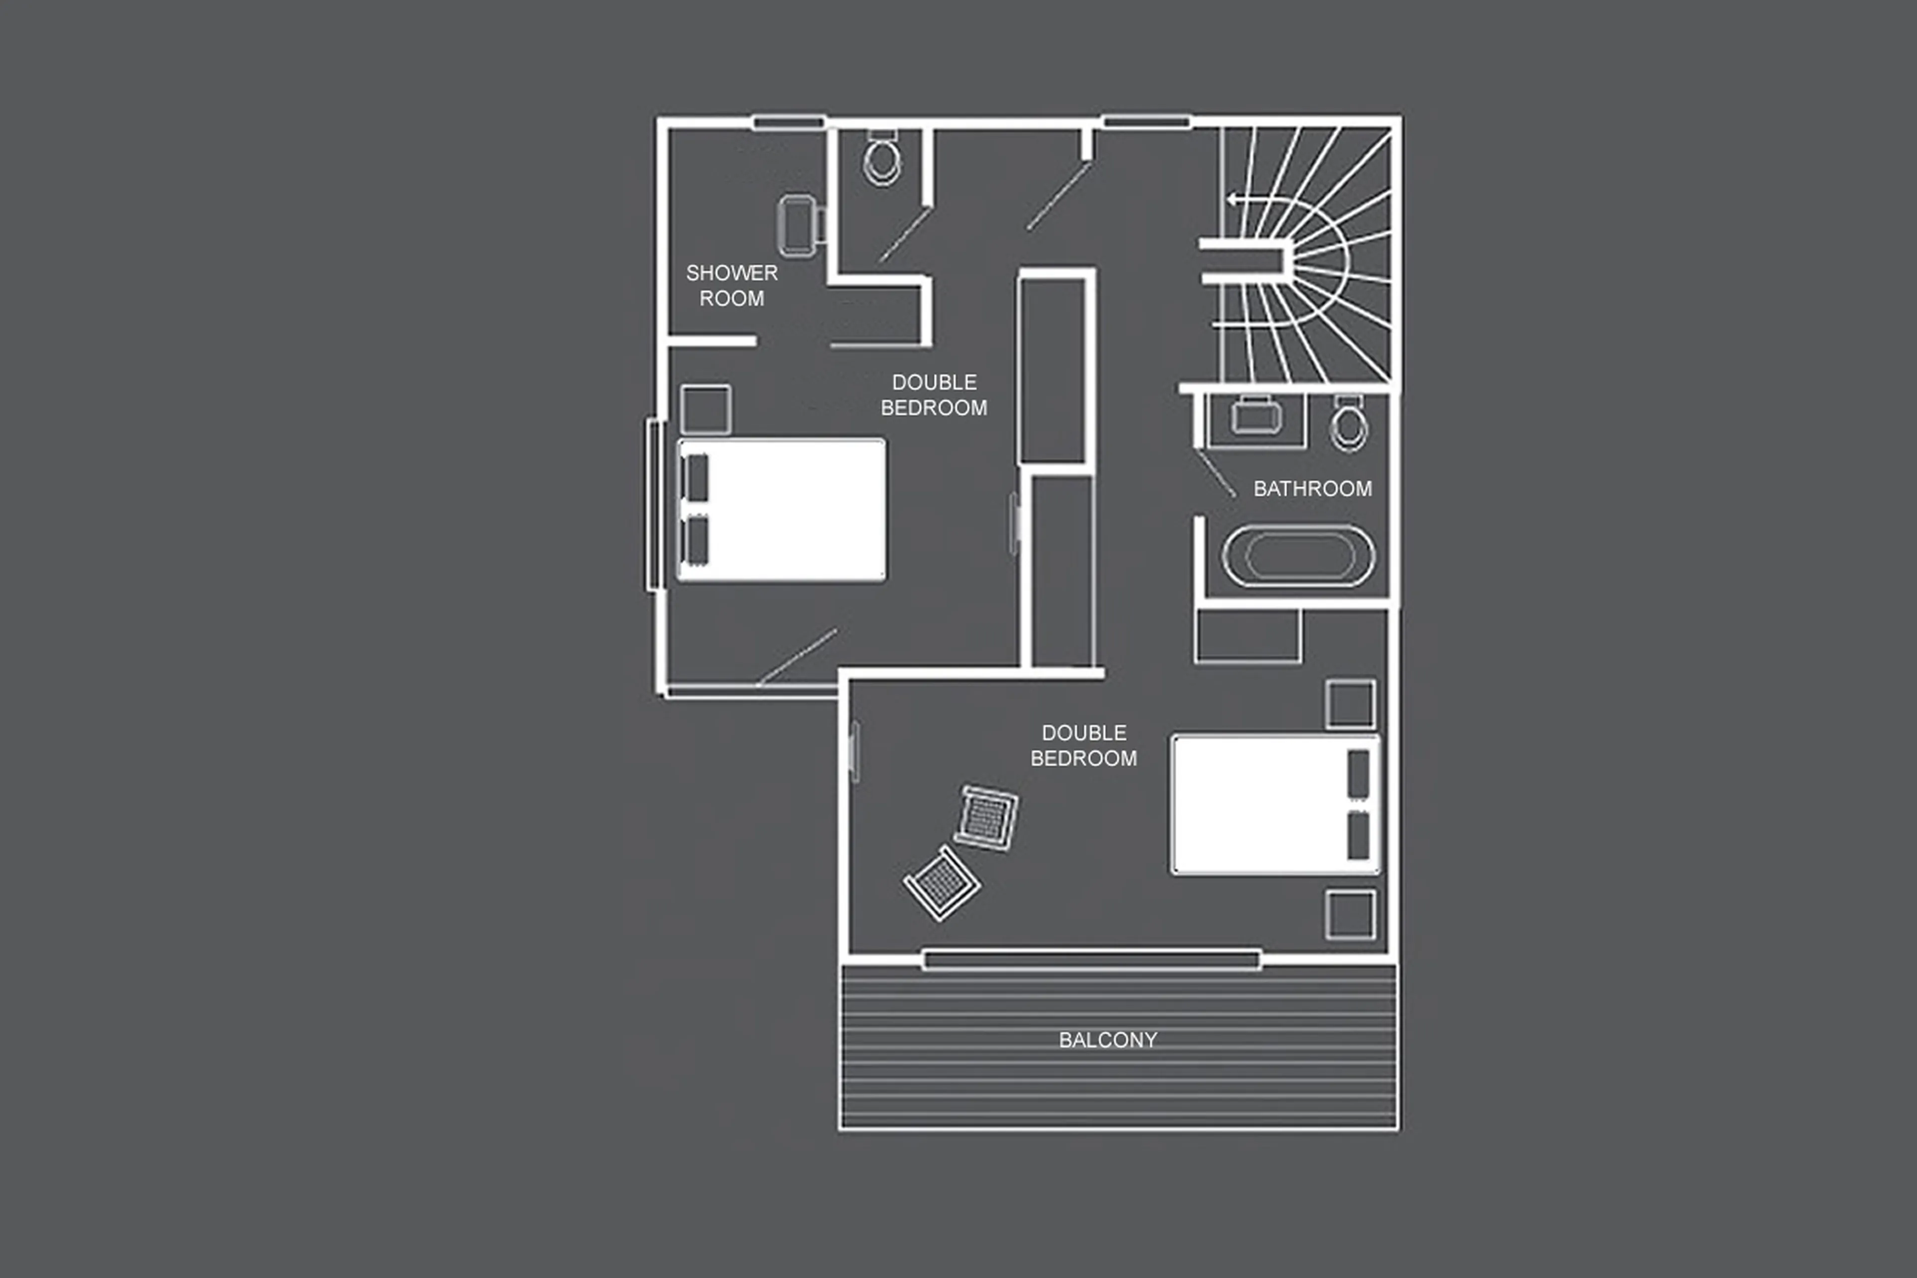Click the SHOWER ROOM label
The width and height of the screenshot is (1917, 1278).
coord(731,285)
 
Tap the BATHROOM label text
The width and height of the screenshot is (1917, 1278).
coord(1311,489)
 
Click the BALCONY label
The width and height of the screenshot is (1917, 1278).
coord(1107,1040)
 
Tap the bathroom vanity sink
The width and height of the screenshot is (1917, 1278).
coord(1256,418)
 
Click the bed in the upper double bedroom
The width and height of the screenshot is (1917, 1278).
coord(782,510)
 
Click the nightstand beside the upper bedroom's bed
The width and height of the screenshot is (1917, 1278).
coord(705,409)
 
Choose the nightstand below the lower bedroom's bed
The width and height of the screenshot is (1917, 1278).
coord(1350,914)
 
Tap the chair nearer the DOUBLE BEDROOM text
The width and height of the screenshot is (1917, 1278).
coord(986,818)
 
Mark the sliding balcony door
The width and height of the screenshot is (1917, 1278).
coord(1092,958)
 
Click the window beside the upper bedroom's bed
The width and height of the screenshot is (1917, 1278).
coord(652,505)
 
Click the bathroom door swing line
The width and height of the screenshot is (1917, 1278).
coord(1216,475)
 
